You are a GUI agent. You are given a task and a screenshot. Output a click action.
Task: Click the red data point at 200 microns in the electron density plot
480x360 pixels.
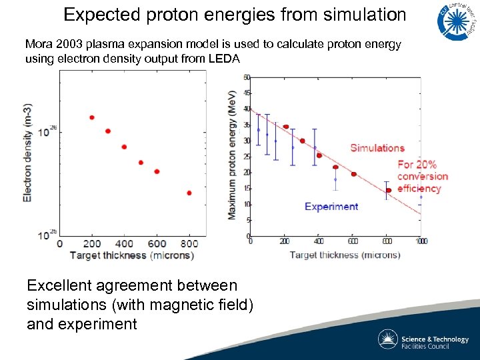(x=91, y=117)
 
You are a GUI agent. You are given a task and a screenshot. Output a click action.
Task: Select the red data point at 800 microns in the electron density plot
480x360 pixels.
(x=189, y=193)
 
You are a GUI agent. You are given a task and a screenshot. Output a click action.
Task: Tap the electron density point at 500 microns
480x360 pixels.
(x=141, y=162)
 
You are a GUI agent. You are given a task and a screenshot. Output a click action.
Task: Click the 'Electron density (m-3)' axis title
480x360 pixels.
(x=27, y=153)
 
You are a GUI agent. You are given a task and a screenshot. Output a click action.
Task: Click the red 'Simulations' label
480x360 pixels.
(x=377, y=148)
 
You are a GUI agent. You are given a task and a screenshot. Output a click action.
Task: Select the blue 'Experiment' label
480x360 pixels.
(x=331, y=207)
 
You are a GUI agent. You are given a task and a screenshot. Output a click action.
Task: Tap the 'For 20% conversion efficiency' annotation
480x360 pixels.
(x=422, y=176)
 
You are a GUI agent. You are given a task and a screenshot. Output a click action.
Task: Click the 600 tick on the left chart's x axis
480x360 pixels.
(x=157, y=244)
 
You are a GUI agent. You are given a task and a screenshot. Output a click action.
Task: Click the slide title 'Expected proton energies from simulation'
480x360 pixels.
(x=235, y=15)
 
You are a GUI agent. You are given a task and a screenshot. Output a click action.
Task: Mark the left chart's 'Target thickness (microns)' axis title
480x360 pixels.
(x=131, y=255)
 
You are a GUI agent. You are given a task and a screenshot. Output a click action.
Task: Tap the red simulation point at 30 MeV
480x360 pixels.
(x=302, y=141)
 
